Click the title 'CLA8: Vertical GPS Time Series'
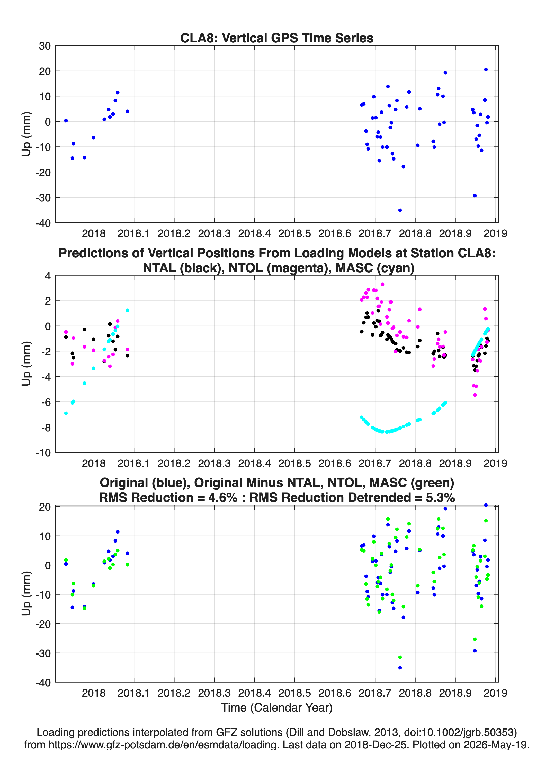click(277, 38)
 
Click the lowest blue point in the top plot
click(400, 210)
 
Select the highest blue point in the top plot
click(486, 70)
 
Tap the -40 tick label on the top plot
click(43, 223)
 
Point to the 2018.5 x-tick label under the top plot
click(294, 233)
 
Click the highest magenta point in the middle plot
click(382, 284)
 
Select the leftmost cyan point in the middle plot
click(66, 413)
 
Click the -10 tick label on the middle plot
click(43, 453)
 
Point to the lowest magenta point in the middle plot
click(475, 395)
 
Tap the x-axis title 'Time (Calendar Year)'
click(277, 708)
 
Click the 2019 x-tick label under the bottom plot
click(496, 693)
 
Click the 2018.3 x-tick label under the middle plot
click(215, 463)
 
